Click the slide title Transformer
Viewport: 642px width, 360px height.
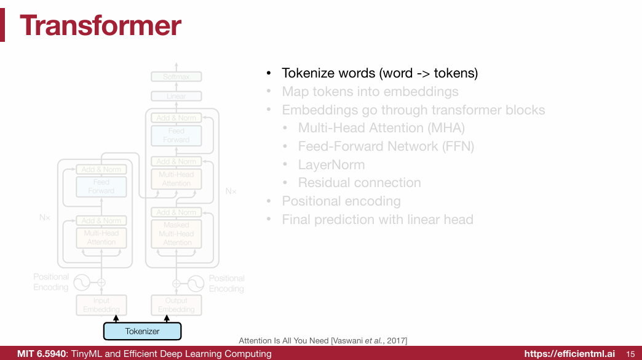coord(100,26)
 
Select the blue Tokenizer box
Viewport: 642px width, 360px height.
coord(142,331)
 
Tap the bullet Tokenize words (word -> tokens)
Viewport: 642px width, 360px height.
coord(379,73)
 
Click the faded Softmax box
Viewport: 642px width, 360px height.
coord(176,77)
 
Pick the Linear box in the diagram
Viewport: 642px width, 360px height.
coord(176,97)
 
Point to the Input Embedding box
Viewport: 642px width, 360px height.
coord(101,305)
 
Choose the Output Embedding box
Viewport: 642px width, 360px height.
coord(176,305)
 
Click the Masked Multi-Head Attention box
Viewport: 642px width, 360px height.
coord(176,234)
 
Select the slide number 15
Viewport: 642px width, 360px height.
coord(630,354)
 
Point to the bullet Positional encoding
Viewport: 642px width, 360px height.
coord(341,201)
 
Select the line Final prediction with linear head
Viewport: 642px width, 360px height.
coord(378,220)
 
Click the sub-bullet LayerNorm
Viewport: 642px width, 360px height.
coord(331,165)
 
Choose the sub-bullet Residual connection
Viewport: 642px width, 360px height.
coord(359,183)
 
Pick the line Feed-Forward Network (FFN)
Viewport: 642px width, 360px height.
coord(386,146)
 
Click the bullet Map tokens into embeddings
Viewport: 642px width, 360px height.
coord(370,92)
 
